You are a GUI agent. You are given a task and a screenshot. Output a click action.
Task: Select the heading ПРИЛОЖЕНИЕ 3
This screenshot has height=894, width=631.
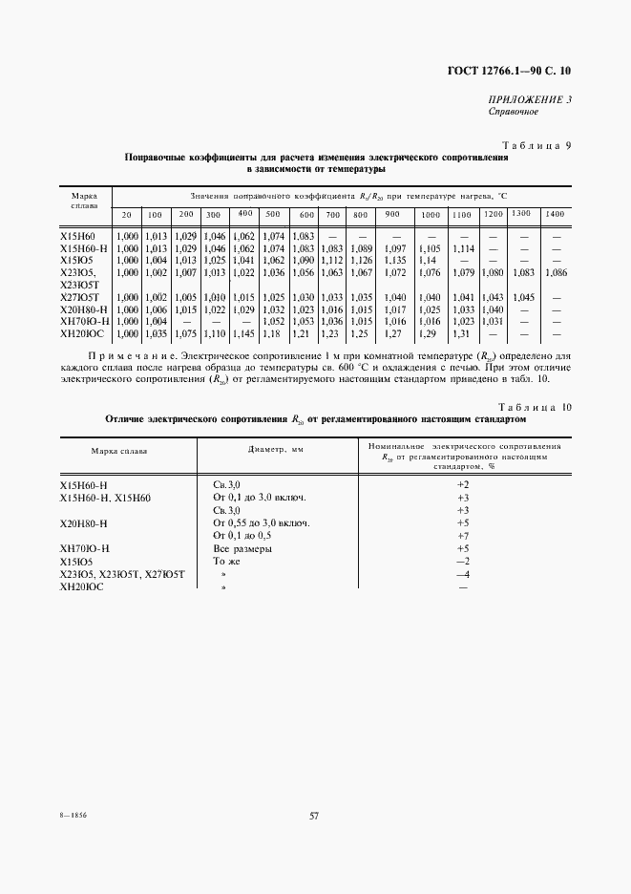pyautogui.click(x=530, y=99)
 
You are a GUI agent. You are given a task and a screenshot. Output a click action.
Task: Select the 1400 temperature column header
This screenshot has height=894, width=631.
pyautogui.click(x=555, y=214)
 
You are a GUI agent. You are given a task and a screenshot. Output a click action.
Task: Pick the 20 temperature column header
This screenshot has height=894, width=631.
pyautogui.click(x=126, y=214)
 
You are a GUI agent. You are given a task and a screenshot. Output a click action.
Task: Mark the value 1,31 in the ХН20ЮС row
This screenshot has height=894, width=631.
pyautogui.click(x=462, y=333)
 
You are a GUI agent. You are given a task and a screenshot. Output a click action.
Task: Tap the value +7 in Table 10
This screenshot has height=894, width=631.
pyautogui.click(x=463, y=536)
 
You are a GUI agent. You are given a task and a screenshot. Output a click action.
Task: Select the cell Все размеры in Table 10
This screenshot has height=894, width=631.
pyautogui.click(x=242, y=549)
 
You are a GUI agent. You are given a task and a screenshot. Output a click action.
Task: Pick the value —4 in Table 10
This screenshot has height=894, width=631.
pyautogui.click(x=463, y=575)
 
